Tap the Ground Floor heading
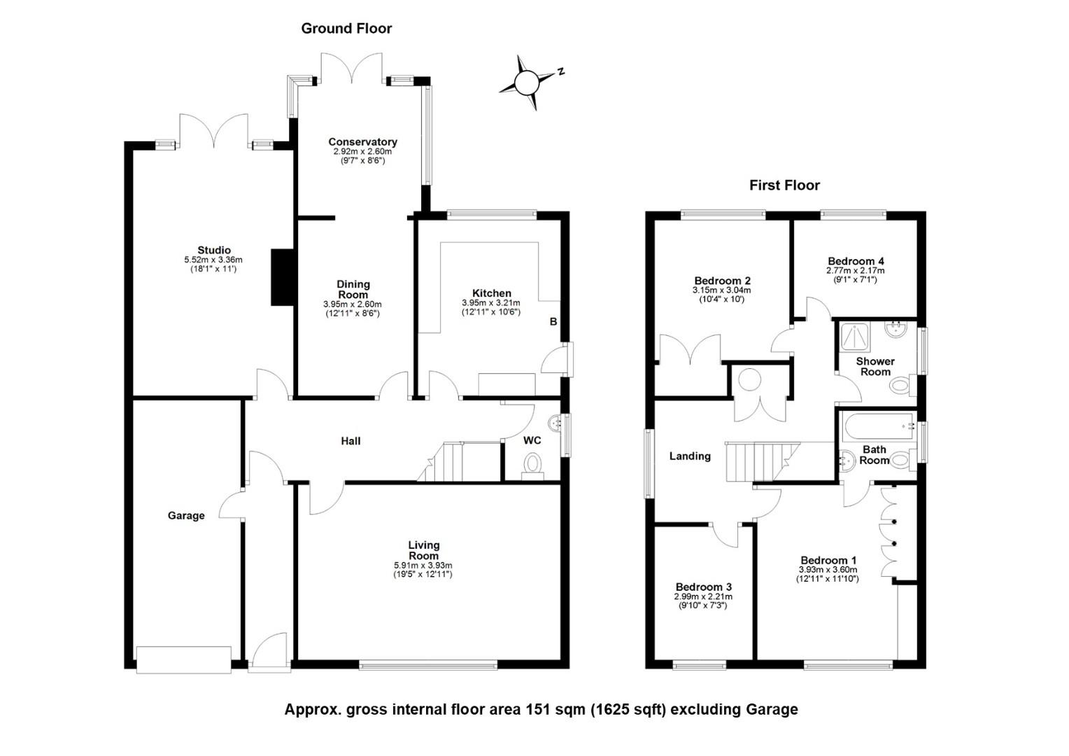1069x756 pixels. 346,29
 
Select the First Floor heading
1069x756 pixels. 784,185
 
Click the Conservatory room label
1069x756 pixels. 362,142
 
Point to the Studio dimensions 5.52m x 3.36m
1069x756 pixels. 213,260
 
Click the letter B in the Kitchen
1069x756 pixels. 553,322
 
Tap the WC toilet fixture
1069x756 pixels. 532,465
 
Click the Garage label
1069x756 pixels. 186,516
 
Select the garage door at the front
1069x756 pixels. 184,660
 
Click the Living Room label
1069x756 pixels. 423,550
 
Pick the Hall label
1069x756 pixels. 351,441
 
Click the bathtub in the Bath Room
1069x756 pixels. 878,426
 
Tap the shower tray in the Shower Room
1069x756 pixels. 855,337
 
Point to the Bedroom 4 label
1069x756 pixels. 856,261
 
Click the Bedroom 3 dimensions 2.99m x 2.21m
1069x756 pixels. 703,597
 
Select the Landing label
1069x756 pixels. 690,456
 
